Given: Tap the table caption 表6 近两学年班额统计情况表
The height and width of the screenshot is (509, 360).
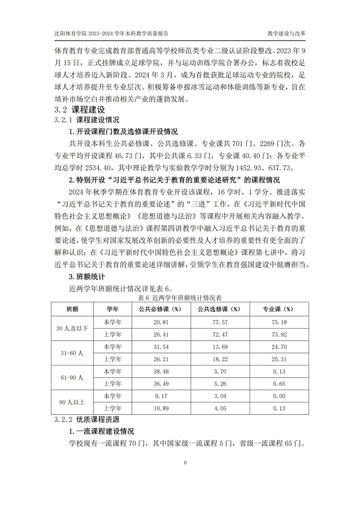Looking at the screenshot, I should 180,298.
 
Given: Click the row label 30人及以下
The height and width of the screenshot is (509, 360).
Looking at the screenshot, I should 72,329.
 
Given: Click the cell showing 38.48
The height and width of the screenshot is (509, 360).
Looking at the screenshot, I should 159,371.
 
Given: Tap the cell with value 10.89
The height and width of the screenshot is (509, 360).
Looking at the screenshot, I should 159,408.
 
